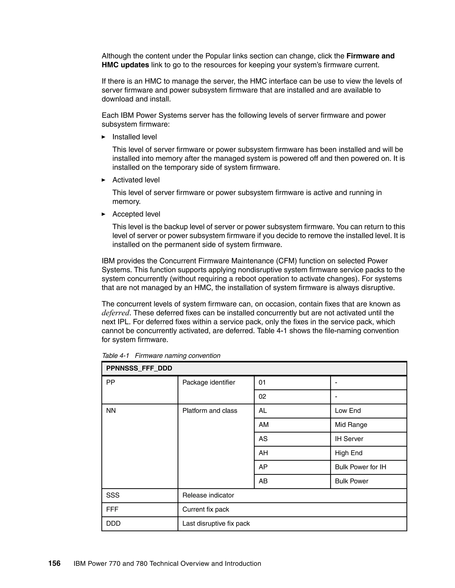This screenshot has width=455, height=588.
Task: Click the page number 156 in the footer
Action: [54, 563]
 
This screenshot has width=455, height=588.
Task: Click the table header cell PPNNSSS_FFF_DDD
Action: [139, 368]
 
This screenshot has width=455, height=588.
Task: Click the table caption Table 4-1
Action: [116, 355]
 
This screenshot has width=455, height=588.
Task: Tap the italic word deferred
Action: [116, 313]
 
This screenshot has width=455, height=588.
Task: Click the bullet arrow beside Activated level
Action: [104, 180]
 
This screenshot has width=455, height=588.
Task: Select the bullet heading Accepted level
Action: [136, 214]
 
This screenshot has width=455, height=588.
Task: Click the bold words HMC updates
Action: [125, 65]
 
